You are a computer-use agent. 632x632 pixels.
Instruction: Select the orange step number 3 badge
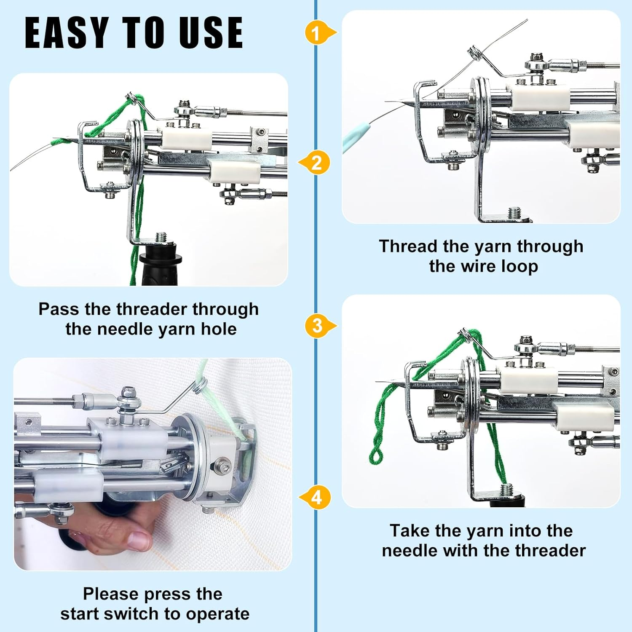click(x=317, y=326)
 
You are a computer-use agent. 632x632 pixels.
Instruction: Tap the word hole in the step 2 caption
click(x=219, y=329)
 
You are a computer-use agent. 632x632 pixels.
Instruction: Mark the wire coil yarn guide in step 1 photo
click(x=474, y=52)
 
